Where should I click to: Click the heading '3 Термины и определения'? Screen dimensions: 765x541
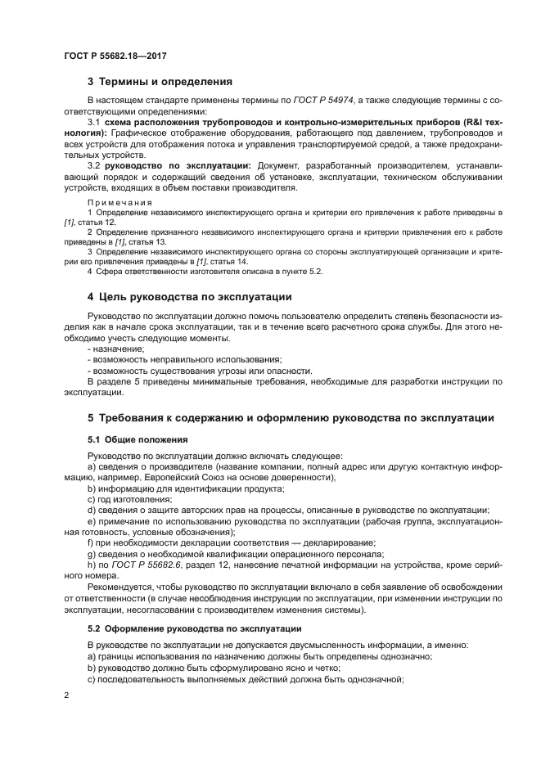[x=160, y=82]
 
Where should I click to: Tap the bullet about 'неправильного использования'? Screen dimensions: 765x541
[x=184, y=359]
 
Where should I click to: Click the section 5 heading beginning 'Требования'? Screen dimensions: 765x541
[x=291, y=418]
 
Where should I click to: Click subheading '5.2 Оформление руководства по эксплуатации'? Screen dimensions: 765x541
[x=195, y=628]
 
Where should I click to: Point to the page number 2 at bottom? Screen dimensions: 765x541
[x=67, y=696]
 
